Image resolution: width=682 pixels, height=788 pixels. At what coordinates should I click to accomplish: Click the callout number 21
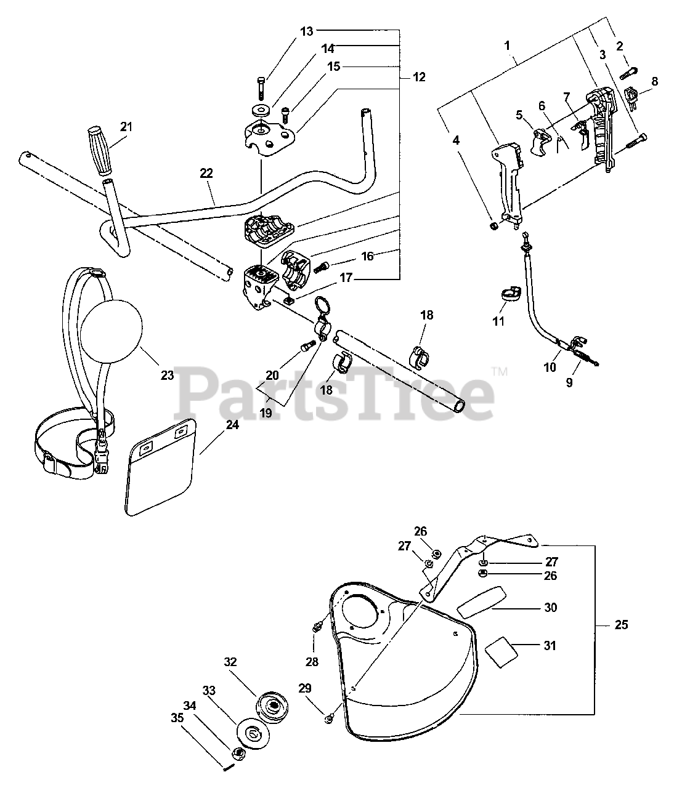pyautogui.click(x=126, y=127)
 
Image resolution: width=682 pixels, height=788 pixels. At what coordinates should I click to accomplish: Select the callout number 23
pyautogui.click(x=167, y=376)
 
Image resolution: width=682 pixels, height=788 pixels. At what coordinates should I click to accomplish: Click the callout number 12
pyautogui.click(x=419, y=78)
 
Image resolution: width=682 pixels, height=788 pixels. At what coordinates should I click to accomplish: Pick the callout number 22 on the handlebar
pyautogui.click(x=206, y=174)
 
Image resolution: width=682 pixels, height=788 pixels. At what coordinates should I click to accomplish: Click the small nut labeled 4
pyautogui.click(x=493, y=226)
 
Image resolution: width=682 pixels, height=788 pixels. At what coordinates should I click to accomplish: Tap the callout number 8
pyautogui.click(x=654, y=81)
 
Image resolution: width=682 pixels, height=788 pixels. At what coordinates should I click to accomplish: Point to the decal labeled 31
pyautogui.click(x=500, y=648)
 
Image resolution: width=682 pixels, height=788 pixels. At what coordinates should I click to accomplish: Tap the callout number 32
pyautogui.click(x=230, y=662)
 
